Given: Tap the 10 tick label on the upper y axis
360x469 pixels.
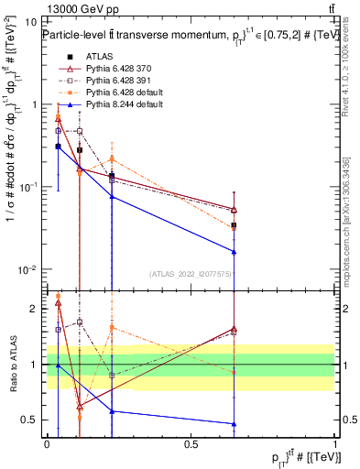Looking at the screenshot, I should coord(30,21).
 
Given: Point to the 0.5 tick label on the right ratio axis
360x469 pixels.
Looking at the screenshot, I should coord(348,420).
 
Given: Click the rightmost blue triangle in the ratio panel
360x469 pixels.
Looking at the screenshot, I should coord(235,423).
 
